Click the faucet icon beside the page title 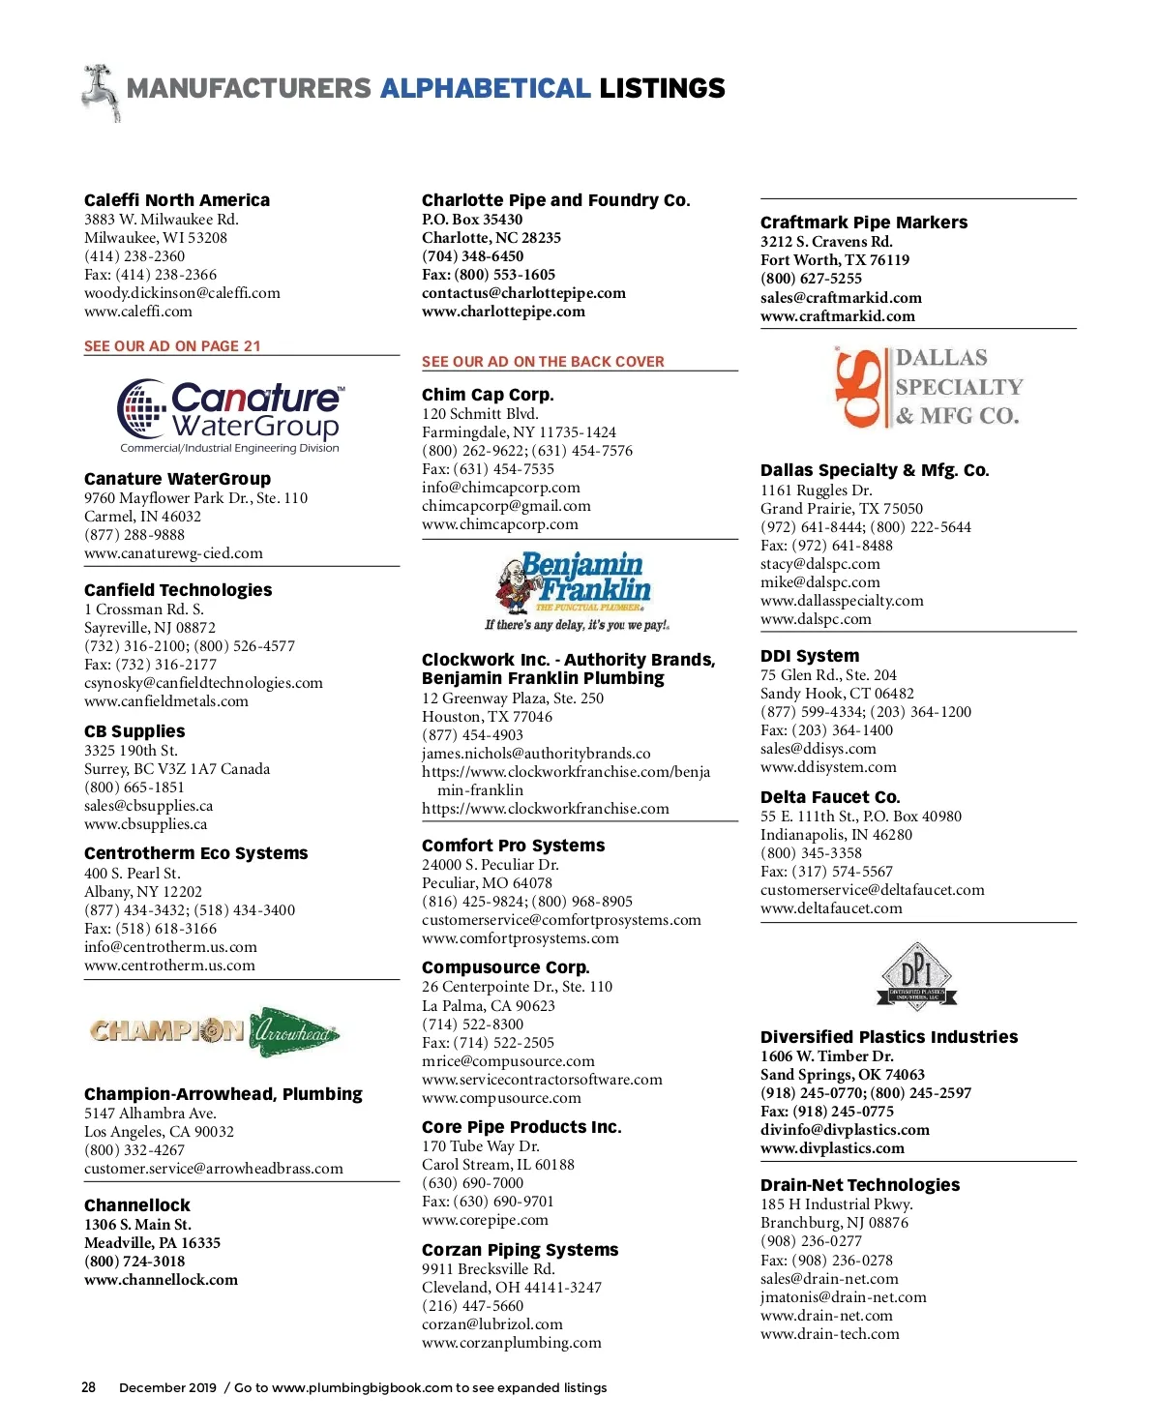click(x=101, y=92)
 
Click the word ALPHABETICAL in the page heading click(x=485, y=89)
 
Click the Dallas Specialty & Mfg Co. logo click(x=928, y=388)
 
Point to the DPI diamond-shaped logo click(x=916, y=977)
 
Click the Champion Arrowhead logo click(x=214, y=1032)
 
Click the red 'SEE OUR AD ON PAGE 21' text click(x=172, y=346)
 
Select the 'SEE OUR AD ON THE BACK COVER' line click(x=543, y=362)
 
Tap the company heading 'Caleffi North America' click(x=177, y=200)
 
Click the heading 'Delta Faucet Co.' click(x=830, y=797)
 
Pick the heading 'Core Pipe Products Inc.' click(x=521, y=1127)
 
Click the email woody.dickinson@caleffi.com click(x=182, y=293)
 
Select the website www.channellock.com click(x=161, y=1280)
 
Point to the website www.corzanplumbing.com click(x=511, y=1343)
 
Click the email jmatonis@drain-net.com click(x=843, y=1297)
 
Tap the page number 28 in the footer click(x=88, y=1387)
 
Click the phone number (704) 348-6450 click(x=472, y=256)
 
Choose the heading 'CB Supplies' click(x=134, y=731)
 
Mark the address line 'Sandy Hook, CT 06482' click(x=837, y=694)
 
